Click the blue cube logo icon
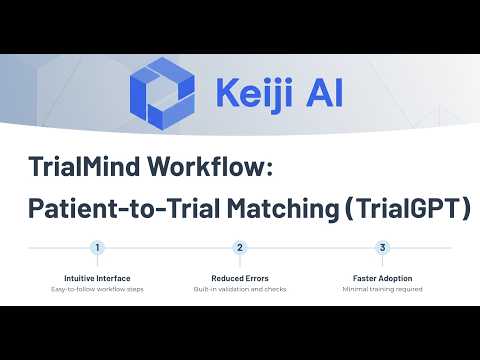162,94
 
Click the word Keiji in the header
255,92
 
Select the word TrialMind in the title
84,166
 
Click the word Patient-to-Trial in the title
125,208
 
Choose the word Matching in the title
283,209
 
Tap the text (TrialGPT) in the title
408,208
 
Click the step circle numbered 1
97,248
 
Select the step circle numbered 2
240,248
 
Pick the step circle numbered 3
382,248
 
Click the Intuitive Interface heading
97,278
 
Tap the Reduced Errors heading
240,278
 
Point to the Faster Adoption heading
383,278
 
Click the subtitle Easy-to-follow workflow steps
97,289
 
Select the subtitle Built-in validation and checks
240,289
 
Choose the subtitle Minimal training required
383,289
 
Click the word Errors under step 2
257,278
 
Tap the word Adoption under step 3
396,279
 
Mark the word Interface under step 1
113,278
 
